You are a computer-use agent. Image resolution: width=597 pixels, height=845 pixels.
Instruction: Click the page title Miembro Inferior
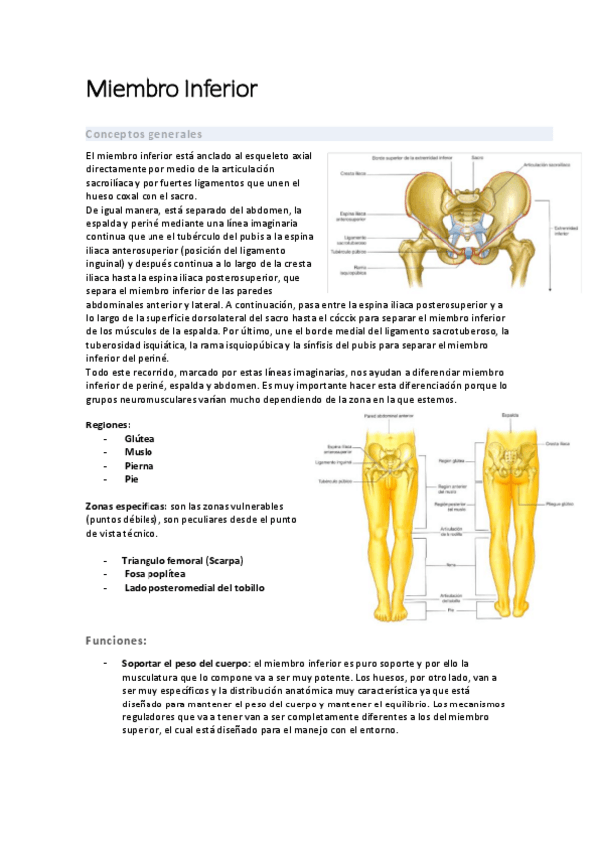171,90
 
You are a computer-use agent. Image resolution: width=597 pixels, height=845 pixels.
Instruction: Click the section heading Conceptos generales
144,134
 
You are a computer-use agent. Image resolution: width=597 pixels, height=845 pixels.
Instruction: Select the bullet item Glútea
140,438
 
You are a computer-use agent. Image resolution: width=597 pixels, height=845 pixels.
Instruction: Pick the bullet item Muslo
139,452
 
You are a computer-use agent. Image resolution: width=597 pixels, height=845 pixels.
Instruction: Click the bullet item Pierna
139,465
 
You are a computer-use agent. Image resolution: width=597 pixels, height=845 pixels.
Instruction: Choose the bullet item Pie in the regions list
131,479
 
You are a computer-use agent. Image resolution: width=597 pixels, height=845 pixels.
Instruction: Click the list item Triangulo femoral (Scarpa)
181,560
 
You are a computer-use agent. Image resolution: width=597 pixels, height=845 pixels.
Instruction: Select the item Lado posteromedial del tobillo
193,588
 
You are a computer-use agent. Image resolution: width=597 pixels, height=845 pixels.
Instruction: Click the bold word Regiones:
108,424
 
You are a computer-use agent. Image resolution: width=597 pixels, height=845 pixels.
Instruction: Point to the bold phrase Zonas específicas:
126,506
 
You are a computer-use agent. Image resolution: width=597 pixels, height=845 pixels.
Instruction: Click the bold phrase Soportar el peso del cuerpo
185,663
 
